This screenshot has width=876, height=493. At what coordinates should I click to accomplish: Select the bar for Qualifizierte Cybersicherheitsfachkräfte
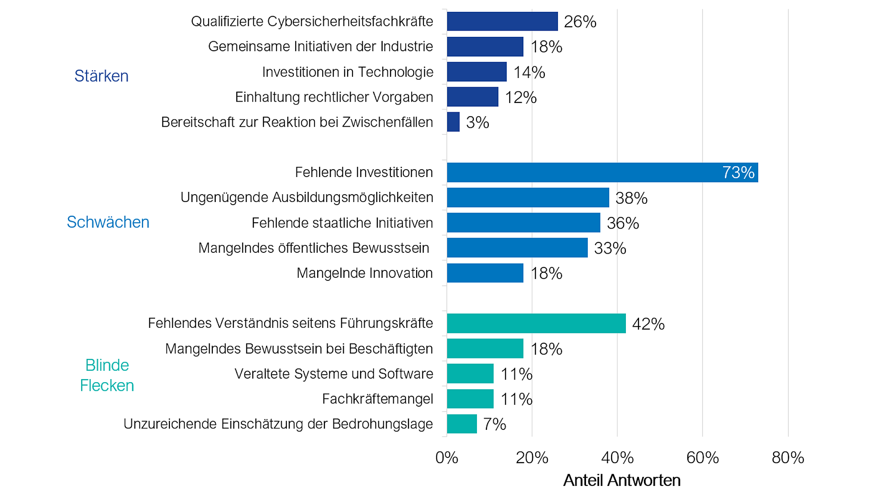tap(502, 21)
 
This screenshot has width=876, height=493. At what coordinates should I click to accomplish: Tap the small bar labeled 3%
tap(453, 122)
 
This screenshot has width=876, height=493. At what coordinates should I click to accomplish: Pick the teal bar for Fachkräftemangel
tap(470, 399)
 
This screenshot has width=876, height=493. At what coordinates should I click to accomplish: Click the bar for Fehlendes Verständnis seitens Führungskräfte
tap(536, 323)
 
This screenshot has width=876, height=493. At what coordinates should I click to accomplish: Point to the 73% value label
tap(738, 172)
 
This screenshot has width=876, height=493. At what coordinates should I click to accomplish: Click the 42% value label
tap(648, 324)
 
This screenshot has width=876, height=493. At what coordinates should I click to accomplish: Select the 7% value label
tap(495, 424)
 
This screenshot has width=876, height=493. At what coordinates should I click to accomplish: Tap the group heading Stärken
tap(101, 76)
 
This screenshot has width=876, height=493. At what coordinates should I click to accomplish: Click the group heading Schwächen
tap(108, 222)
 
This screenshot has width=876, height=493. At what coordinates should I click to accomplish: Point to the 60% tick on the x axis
tap(702, 458)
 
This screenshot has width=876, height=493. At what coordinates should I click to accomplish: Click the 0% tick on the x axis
tap(446, 458)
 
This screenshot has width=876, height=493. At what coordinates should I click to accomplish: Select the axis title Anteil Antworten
tap(622, 480)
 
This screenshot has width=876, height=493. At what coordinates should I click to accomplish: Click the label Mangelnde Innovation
tap(364, 273)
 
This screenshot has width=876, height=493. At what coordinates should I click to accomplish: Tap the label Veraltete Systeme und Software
tap(333, 374)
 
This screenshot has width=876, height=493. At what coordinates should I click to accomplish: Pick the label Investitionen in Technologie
tap(347, 72)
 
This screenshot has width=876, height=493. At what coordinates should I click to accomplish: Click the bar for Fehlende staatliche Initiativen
tap(523, 223)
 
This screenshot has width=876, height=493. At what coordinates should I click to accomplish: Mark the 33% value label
tap(610, 248)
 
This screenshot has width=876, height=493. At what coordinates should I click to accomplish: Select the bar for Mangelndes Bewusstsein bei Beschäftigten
tap(485, 348)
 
